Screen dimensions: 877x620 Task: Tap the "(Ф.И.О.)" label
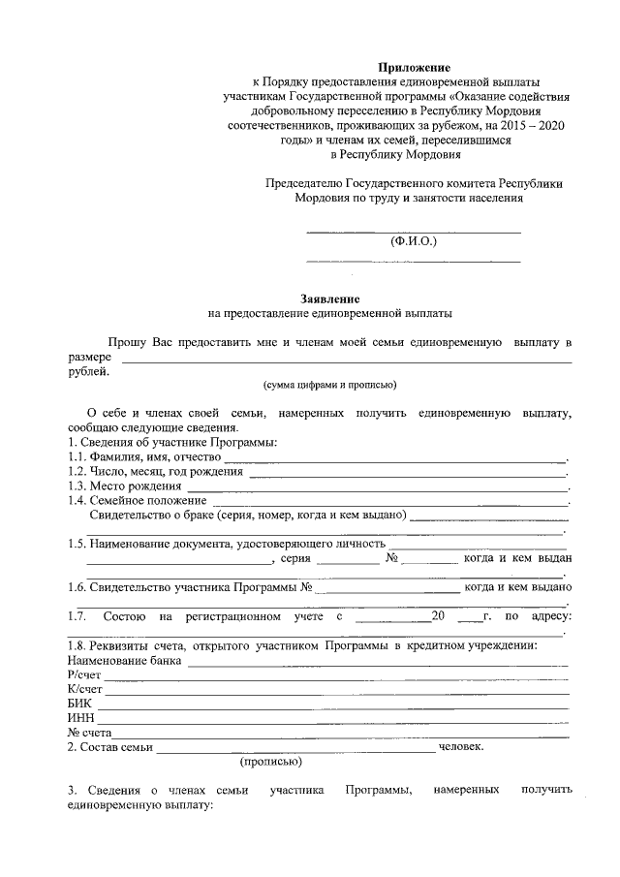(414, 240)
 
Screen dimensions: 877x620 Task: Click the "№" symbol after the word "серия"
(392, 559)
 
